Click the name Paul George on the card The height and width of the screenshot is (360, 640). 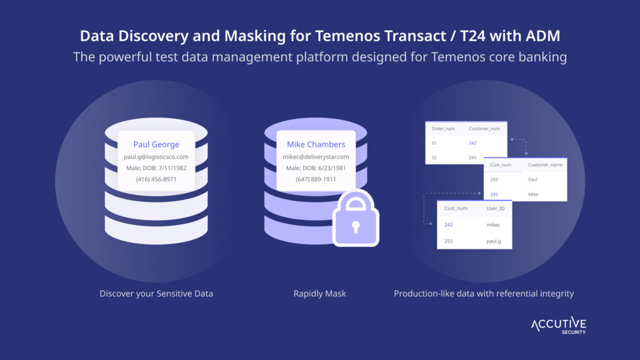(156, 144)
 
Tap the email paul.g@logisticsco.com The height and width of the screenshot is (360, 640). (156, 157)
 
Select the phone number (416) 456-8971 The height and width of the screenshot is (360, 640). (156, 179)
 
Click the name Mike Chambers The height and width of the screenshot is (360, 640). (316, 144)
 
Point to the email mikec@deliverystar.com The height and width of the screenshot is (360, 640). (316, 157)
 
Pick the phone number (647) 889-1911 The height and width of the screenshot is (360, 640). (316, 179)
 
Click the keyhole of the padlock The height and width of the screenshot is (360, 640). (356, 226)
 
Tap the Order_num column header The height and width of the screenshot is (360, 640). (443, 129)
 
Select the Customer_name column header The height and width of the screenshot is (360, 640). (545, 165)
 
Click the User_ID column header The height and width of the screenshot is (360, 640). (496, 208)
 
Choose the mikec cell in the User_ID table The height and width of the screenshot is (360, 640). (493, 225)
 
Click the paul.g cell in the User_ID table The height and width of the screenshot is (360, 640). (494, 241)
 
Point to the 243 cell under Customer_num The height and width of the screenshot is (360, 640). (472, 157)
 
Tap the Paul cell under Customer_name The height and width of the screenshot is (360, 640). (532, 179)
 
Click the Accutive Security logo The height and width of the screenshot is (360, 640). (558, 325)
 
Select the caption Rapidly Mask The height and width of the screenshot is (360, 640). (319, 294)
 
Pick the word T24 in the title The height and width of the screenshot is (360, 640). (472, 36)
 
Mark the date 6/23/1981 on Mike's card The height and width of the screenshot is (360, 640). (331, 168)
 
